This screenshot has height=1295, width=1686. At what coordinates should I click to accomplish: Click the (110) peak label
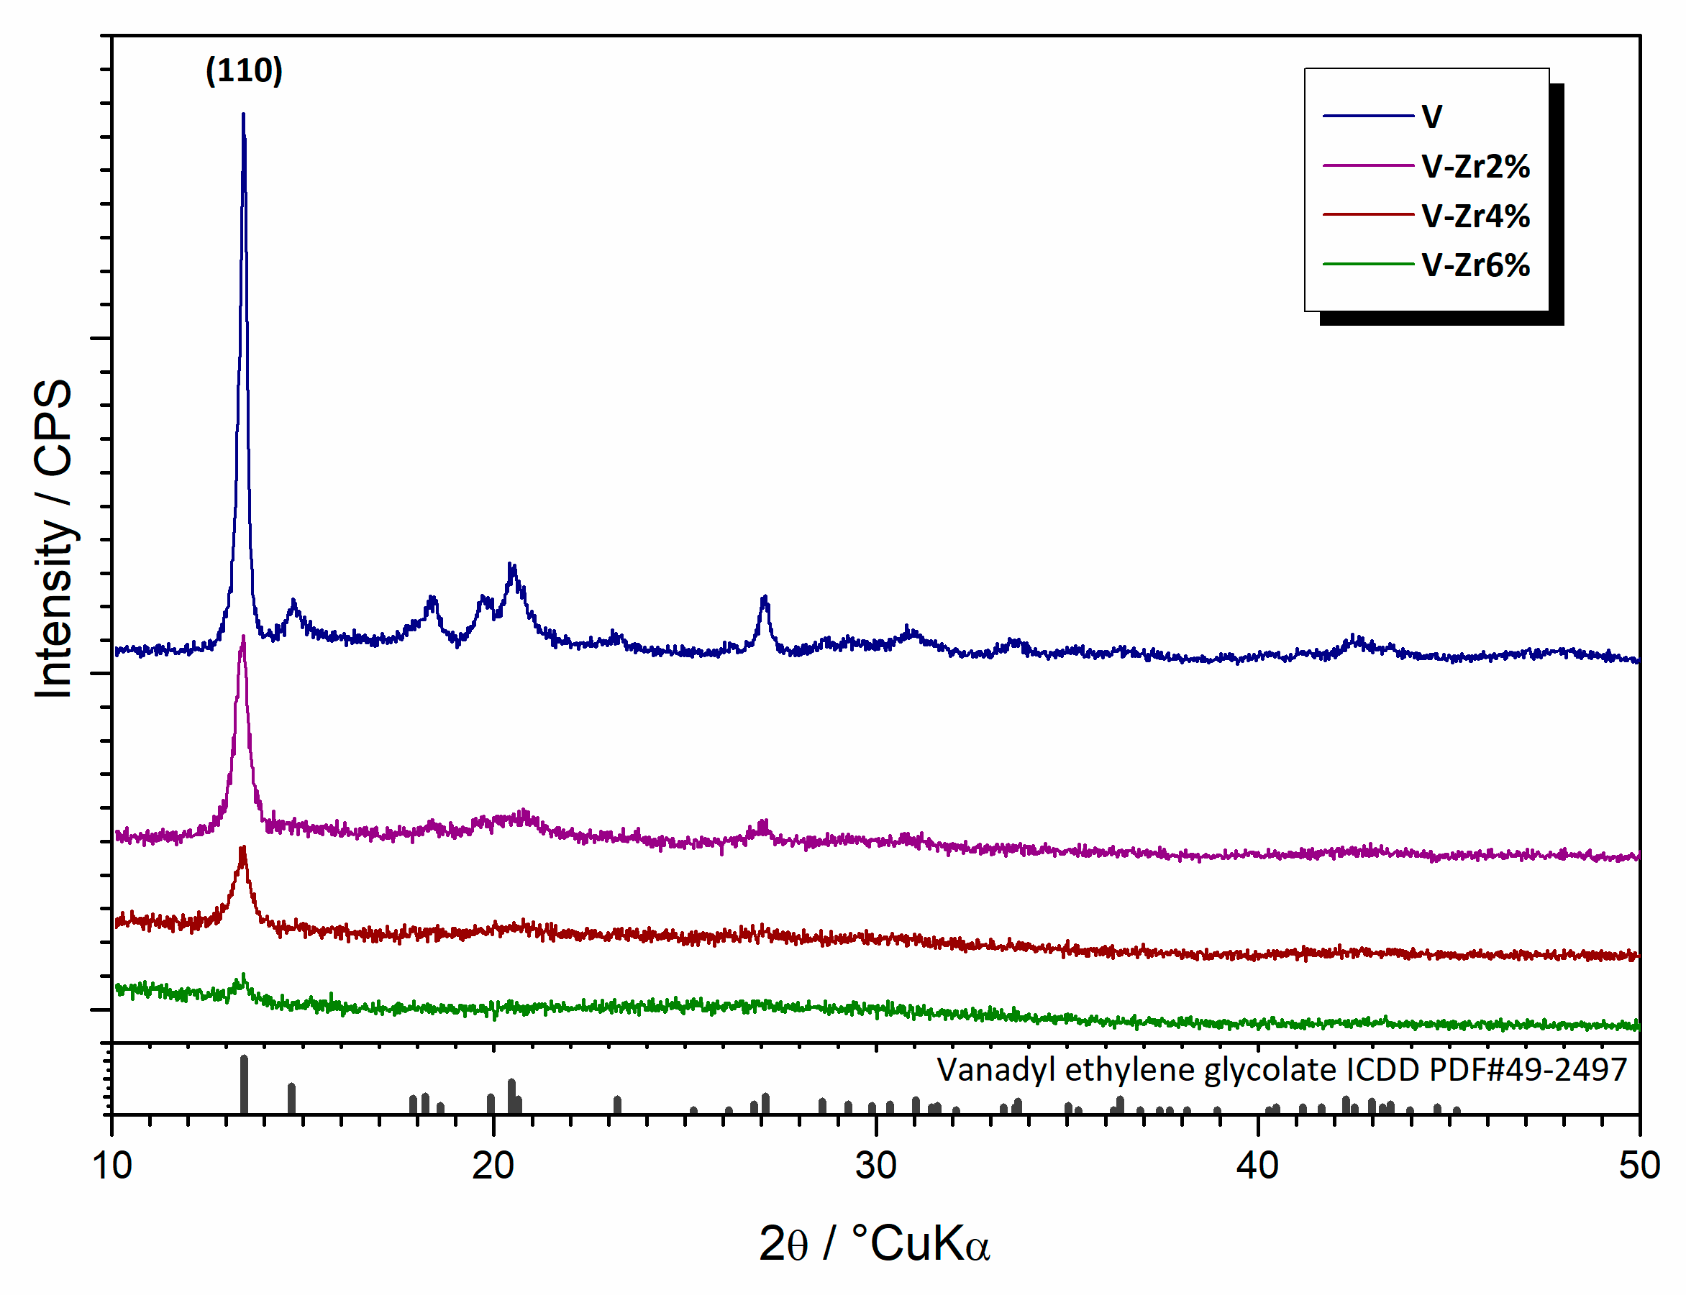pyautogui.click(x=244, y=71)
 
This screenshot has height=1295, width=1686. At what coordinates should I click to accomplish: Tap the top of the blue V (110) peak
pyautogui.click(x=244, y=116)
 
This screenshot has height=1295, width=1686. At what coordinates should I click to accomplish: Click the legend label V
pyautogui.click(x=1431, y=117)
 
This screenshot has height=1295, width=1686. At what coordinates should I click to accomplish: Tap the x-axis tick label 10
pyautogui.click(x=111, y=1166)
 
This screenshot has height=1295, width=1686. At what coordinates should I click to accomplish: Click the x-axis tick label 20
pyautogui.click(x=493, y=1166)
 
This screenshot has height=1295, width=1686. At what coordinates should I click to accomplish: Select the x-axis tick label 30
pyautogui.click(x=876, y=1166)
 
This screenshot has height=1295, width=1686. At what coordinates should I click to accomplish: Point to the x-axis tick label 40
pyautogui.click(x=1257, y=1166)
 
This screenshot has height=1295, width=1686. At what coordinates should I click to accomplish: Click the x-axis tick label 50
pyautogui.click(x=1639, y=1166)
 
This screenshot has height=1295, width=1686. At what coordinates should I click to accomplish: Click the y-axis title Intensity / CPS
pyautogui.click(x=54, y=539)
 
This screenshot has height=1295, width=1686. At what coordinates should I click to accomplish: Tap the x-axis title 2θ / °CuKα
pyautogui.click(x=873, y=1243)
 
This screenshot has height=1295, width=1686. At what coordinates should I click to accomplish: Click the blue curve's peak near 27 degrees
pyautogui.click(x=764, y=598)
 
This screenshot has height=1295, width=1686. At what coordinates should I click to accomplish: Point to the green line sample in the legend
pyautogui.click(x=1367, y=265)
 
